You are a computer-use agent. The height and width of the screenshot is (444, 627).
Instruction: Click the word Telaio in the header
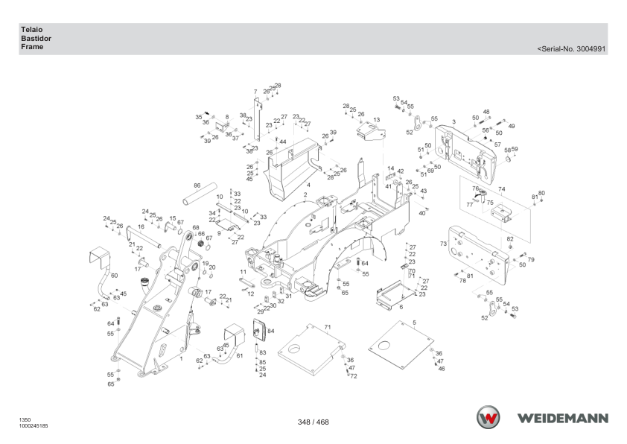31,30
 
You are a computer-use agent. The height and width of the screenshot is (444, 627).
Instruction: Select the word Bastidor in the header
36,39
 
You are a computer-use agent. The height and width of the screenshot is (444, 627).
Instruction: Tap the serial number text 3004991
591,49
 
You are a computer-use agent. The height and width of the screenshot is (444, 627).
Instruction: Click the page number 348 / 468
313,422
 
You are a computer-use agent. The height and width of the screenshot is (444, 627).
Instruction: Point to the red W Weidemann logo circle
488,418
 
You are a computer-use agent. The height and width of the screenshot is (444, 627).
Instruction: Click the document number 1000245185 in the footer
34,426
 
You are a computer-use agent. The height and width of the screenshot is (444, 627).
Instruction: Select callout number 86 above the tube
197,185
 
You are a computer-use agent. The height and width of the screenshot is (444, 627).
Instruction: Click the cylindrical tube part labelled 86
200,194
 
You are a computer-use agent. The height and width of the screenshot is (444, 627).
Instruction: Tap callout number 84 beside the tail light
271,331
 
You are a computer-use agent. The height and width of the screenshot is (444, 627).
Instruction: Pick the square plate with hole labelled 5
401,345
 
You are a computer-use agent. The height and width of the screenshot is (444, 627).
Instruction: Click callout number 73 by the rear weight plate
443,244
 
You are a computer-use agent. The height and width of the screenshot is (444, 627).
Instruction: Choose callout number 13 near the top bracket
376,120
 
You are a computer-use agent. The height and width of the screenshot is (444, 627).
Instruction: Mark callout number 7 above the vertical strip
255,92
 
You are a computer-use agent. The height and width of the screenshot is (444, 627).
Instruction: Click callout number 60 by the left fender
114,276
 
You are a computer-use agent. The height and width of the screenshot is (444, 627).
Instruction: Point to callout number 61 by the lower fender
240,355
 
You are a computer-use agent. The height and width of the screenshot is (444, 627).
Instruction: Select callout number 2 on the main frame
305,194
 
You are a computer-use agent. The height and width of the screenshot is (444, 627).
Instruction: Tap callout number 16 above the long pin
141,226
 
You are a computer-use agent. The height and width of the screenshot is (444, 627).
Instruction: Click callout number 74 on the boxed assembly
501,189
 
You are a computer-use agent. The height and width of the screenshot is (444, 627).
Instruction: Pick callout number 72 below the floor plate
354,376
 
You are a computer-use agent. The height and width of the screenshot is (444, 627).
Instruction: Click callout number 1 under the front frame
181,359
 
